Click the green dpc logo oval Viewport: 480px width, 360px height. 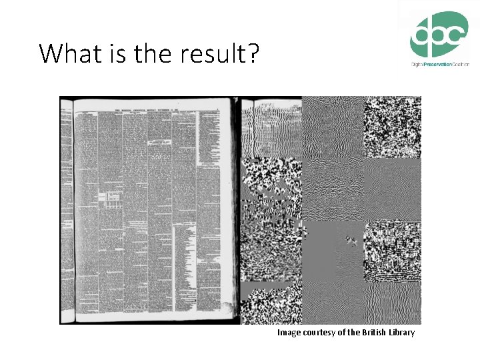[438, 34]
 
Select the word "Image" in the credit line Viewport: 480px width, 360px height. [289, 332]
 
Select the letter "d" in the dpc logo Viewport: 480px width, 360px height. [421, 34]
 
